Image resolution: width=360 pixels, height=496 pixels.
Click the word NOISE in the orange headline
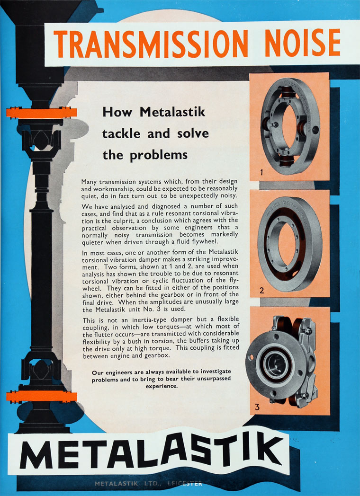tap(303, 43)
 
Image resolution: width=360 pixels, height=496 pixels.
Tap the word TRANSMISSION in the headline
tap(151, 44)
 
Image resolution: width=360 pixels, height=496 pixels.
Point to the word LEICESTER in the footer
tap(184, 483)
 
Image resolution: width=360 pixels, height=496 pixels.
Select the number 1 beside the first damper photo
tap(261, 173)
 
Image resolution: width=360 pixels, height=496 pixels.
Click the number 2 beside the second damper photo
tap(261, 291)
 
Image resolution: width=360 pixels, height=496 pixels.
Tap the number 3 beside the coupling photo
tap(257, 407)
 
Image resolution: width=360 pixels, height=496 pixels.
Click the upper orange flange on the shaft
tap(42, 113)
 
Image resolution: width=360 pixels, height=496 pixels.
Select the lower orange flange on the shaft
tap(42, 396)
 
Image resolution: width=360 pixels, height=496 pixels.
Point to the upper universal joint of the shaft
tap(42, 141)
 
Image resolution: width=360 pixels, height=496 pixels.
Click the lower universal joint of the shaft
tap(42, 370)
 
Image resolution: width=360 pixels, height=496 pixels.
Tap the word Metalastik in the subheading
tap(172, 112)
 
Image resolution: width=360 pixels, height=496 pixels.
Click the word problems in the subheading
tap(159, 155)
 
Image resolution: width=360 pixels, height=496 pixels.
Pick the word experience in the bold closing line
tap(162, 386)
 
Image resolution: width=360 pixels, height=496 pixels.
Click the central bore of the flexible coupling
tap(275, 364)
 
